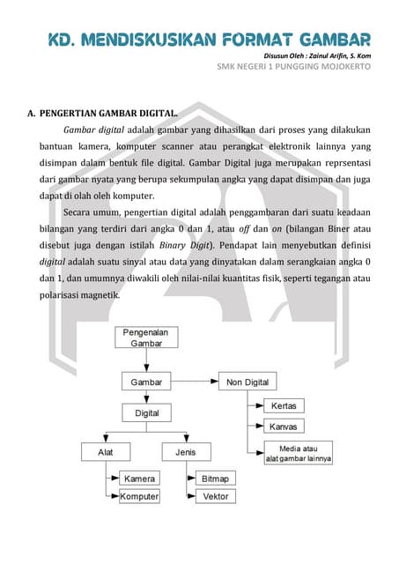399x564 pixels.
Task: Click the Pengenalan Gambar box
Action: pos(147,338)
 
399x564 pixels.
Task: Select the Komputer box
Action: pos(139,496)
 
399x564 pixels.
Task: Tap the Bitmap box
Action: pos(216,479)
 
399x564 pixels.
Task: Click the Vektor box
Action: pos(216,496)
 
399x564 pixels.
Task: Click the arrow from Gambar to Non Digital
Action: pos(200,382)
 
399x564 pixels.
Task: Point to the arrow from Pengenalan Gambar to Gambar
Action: pos(147,361)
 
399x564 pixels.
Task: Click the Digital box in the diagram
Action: pos(147,412)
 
